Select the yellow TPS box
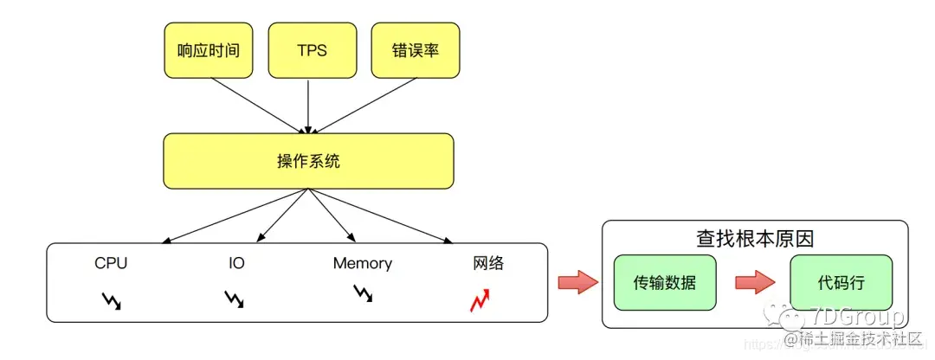[x=311, y=49]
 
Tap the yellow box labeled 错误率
[x=415, y=49]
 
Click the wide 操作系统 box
[x=308, y=162]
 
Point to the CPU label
[x=111, y=263]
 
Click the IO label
[x=236, y=263]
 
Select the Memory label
[x=362, y=263]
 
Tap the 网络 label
[x=487, y=263]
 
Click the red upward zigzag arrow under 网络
[x=480, y=300]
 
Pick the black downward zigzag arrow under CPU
[x=112, y=300]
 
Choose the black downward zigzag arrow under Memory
[x=363, y=294]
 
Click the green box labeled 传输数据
[x=664, y=283]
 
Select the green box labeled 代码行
[x=841, y=283]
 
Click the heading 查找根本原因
[x=755, y=238]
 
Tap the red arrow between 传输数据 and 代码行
[x=752, y=283]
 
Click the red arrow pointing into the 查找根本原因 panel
[x=575, y=282]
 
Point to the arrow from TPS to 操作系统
[x=309, y=104]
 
